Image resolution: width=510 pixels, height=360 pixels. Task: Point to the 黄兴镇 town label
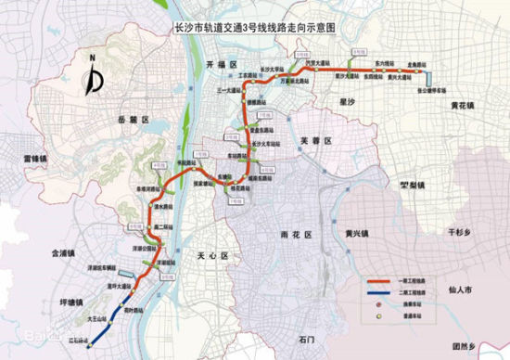[357, 232]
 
